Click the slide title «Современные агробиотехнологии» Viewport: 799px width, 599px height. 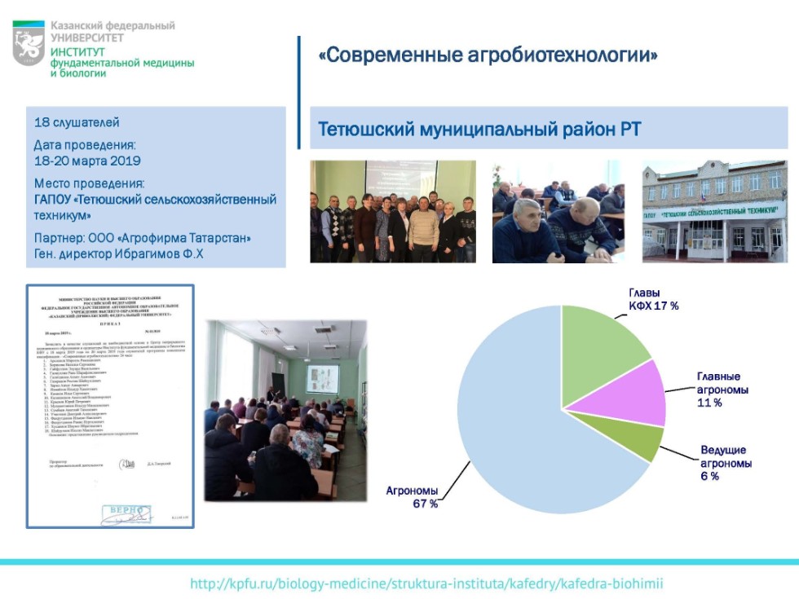click(x=488, y=55)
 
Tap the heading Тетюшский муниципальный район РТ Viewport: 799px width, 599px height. click(x=479, y=130)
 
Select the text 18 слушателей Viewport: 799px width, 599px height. click(x=77, y=123)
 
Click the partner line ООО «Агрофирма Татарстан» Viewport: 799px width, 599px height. click(x=143, y=238)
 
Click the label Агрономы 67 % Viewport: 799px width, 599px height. click(x=412, y=497)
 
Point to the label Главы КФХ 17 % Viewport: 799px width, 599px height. click(x=653, y=299)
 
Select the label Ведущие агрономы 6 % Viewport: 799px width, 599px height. click(x=723, y=462)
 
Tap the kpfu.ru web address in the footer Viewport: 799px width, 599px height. click(x=426, y=584)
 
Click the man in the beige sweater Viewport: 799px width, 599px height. click(x=423, y=228)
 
